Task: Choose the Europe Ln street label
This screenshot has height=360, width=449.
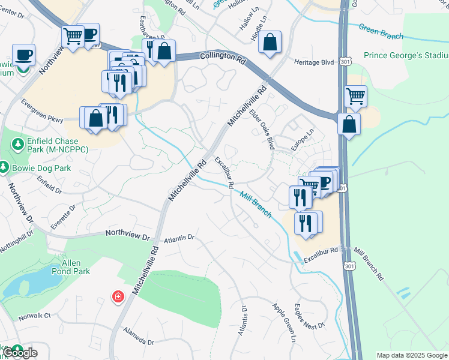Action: [x=303, y=140]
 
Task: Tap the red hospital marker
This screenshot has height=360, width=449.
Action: [x=118, y=296]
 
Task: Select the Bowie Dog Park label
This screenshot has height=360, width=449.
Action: [x=39, y=167]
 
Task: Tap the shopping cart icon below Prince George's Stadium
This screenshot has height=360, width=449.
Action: [x=356, y=95]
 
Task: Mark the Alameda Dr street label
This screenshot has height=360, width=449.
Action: [x=138, y=336]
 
